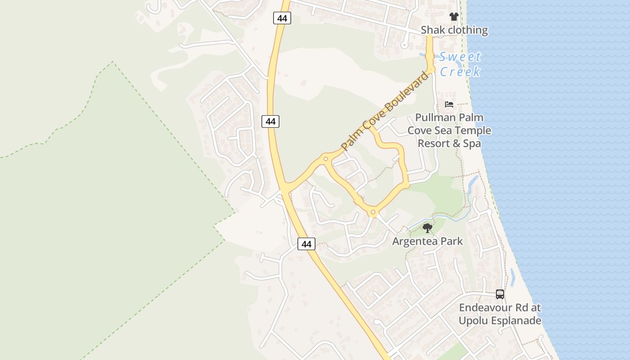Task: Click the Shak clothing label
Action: [x=454, y=30]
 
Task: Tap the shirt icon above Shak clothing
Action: [x=454, y=17]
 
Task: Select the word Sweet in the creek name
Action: [x=460, y=57]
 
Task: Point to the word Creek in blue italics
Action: [x=460, y=72]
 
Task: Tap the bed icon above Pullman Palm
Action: [x=449, y=104]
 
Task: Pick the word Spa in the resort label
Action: [x=472, y=143]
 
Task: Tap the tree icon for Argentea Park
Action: [x=427, y=228]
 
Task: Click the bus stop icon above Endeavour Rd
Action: [x=500, y=294]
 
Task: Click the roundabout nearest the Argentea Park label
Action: [x=373, y=212]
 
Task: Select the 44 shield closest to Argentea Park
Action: [x=306, y=244]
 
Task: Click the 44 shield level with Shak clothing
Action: [x=282, y=18]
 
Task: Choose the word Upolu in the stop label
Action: [x=472, y=321]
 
